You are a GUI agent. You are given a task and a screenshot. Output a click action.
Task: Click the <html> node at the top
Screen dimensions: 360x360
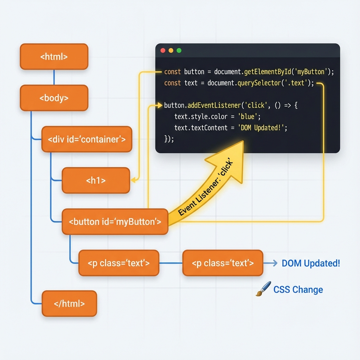point(54,57)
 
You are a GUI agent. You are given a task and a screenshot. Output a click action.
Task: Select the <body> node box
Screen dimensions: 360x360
point(54,98)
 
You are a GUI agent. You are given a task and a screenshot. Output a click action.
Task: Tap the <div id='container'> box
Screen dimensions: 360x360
point(86,139)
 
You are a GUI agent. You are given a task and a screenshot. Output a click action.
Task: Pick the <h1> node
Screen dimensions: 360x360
point(96,180)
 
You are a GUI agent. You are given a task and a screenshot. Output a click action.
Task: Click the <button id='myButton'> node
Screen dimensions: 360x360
point(115,222)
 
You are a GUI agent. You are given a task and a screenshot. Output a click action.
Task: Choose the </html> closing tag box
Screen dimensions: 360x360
point(69,303)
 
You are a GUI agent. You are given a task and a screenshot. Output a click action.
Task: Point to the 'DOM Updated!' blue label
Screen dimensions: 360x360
point(311,263)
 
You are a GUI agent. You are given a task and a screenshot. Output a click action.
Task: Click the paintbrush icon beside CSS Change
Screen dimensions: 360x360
point(263,289)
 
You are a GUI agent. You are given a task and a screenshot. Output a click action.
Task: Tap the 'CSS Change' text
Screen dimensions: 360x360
point(298,290)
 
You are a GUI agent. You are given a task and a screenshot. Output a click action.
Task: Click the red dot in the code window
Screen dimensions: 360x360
point(163,51)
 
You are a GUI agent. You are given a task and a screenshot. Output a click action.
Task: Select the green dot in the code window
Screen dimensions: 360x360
point(179,51)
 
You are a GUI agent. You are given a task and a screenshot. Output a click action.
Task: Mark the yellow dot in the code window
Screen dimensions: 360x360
point(171,51)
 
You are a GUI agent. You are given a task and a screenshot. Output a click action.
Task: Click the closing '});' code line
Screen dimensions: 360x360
point(169,139)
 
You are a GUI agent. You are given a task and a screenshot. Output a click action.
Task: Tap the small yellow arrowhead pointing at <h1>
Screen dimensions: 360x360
point(133,180)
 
